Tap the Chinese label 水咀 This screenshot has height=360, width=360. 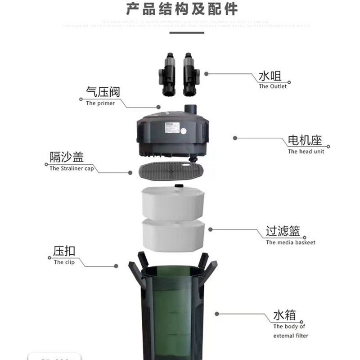coord(270,76)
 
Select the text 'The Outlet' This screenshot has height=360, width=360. coord(272,86)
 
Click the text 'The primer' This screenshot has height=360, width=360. coord(100,103)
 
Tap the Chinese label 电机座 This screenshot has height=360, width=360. coord(306,140)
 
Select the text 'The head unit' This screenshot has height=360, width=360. coord(306,152)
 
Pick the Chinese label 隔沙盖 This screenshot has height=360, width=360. coord(67,157)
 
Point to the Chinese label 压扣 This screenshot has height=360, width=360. coord(64,251)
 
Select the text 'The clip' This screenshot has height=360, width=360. coord(64,262)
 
